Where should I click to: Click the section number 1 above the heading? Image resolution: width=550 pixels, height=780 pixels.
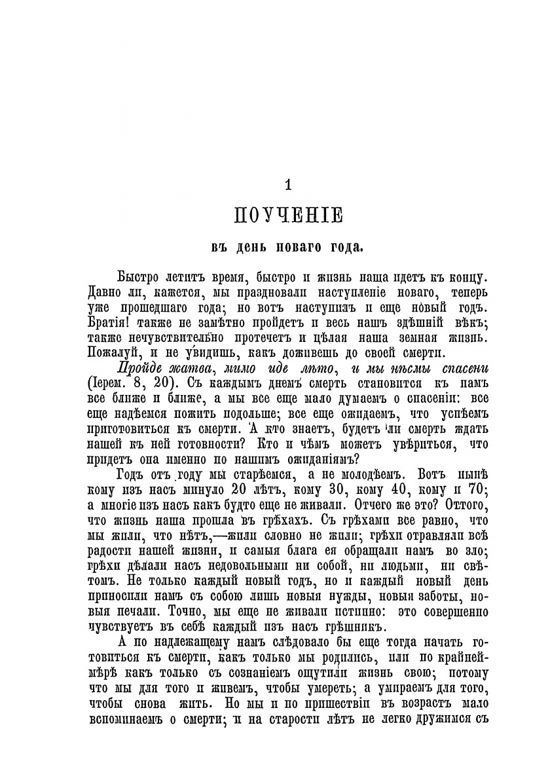point(288,185)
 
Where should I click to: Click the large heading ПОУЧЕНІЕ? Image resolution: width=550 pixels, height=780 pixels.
point(289,215)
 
